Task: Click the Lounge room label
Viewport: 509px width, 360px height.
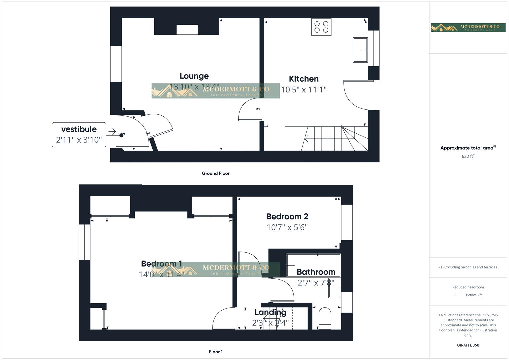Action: click(194, 76)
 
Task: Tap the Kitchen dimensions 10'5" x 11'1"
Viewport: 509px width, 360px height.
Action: click(303, 89)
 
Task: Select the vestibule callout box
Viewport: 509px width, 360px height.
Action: click(79, 134)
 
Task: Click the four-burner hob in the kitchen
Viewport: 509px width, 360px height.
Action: click(321, 27)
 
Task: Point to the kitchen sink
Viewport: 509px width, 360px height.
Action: click(360, 50)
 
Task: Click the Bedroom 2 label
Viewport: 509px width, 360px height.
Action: click(287, 216)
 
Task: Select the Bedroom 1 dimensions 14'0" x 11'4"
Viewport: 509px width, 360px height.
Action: click(161, 274)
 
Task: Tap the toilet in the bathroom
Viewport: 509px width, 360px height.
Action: click(325, 318)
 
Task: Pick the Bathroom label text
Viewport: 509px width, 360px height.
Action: click(316, 272)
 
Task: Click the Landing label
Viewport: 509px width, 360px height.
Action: click(270, 312)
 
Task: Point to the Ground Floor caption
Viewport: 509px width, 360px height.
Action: click(216, 173)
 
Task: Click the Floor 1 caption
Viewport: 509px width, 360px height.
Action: click(216, 352)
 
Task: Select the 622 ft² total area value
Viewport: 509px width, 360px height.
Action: click(468, 156)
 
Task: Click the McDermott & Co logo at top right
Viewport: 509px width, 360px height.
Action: click(468, 27)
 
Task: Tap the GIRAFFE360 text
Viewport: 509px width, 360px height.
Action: click(468, 345)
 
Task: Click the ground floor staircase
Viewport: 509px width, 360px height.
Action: click(335, 138)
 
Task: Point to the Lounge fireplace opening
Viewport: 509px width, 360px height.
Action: click(187, 30)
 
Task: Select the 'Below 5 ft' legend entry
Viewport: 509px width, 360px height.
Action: click(473, 295)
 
